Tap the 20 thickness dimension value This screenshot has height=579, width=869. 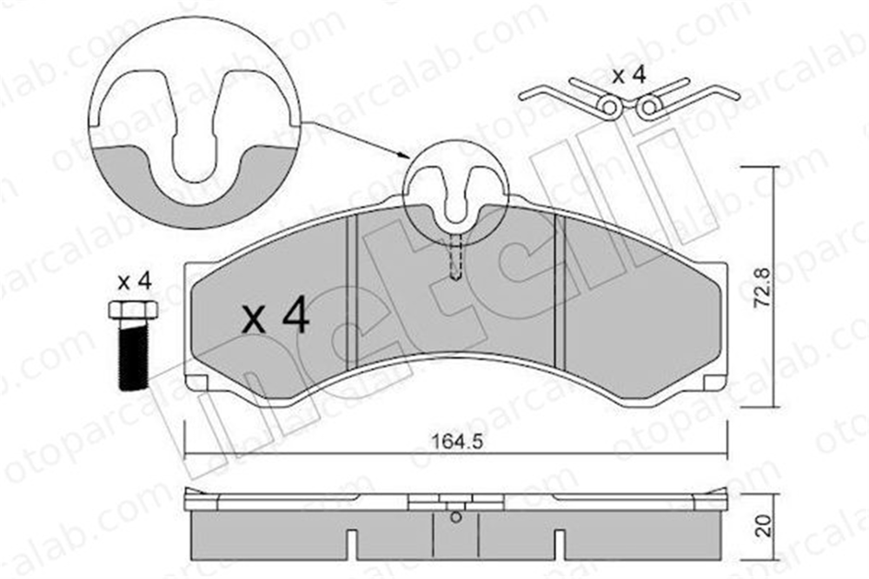764,524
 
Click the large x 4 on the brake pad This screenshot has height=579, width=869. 275,316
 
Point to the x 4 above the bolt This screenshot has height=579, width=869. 134,282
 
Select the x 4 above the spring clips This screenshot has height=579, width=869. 629,76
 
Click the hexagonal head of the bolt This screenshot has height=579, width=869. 134,309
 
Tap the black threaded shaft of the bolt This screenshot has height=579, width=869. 134,355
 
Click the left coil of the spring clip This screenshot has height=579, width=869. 610,106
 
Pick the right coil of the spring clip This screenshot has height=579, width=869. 647,107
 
